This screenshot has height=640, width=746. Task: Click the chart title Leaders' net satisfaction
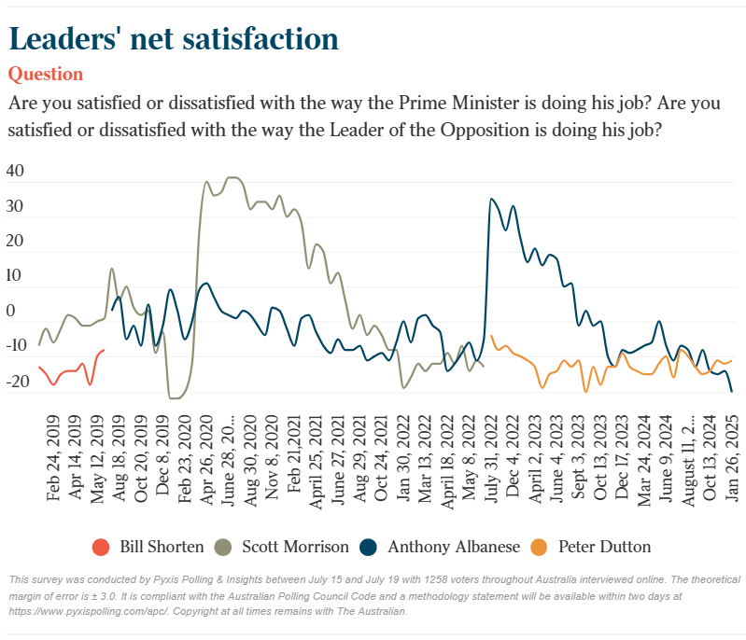click(173, 38)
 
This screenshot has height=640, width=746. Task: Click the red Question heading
click(45, 74)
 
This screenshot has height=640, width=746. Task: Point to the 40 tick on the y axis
click(15, 172)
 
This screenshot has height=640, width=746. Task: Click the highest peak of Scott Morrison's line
click(232, 177)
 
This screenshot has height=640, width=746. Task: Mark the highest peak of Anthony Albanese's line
click(492, 199)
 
